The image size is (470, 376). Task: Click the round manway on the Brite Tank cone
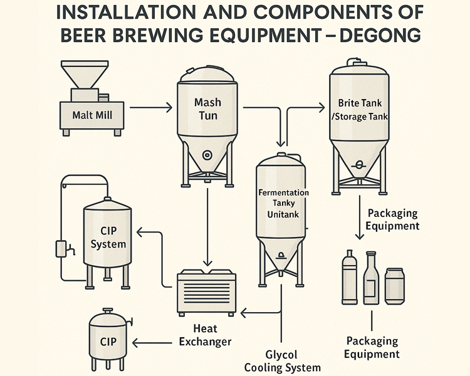[x=359, y=165]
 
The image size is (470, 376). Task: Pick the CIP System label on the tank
[x=108, y=238]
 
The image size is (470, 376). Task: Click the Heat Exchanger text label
[x=205, y=335]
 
